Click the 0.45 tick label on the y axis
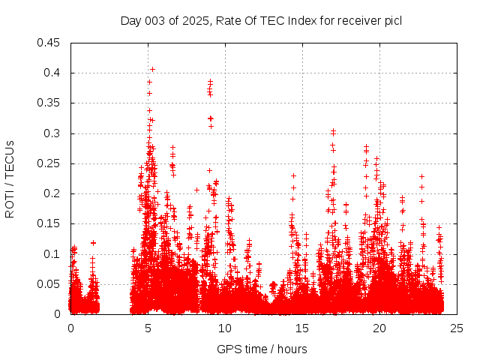[50, 43]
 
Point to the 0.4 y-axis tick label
[53, 73]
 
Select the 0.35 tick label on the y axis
[50, 103]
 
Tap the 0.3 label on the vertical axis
[53, 133]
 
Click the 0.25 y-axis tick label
[50, 163]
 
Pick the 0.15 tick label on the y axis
[50, 223]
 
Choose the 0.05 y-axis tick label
[50, 284]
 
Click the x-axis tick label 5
[148, 328]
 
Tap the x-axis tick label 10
[225, 328]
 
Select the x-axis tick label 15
[302, 328]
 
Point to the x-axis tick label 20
[379, 328]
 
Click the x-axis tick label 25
[457, 328]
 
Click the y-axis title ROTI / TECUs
[10, 178]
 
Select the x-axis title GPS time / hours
[262, 349]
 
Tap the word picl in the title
[392, 21]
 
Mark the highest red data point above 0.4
[152, 69]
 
